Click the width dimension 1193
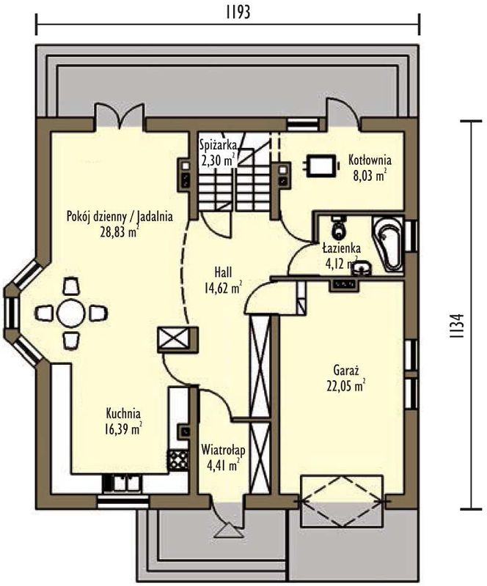pyautogui.click(x=238, y=12)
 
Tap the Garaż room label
pyautogui.click(x=346, y=371)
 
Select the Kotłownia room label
pyautogui.click(x=370, y=160)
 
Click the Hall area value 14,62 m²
pyautogui.click(x=223, y=288)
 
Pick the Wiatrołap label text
pyautogui.click(x=223, y=450)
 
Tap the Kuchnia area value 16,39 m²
pyautogui.click(x=123, y=429)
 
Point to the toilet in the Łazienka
pyautogui.click(x=339, y=227)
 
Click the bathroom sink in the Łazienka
pyautogui.click(x=362, y=268)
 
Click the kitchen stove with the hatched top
pyautogui.click(x=177, y=459)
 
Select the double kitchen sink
pyautogui.click(x=122, y=483)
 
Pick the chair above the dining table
pyautogui.click(x=71, y=286)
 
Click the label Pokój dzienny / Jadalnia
pyautogui.click(x=120, y=216)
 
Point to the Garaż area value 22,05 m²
pyautogui.click(x=346, y=386)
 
